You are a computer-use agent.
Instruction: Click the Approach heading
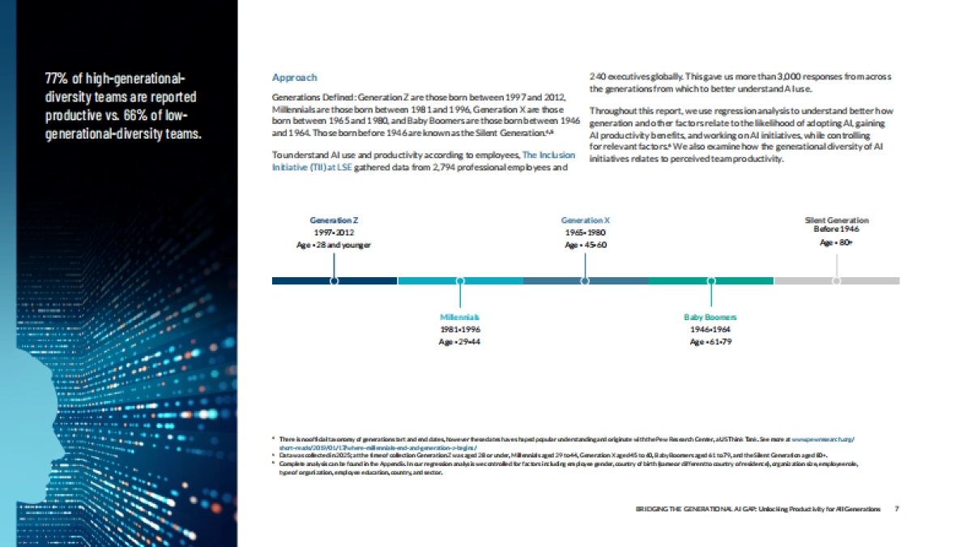point(294,78)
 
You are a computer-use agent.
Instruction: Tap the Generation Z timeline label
point(334,220)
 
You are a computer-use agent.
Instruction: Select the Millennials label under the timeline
point(460,317)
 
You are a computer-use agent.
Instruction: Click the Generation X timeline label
point(585,220)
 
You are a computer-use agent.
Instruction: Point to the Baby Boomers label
point(710,317)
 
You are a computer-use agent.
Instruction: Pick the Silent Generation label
point(836,220)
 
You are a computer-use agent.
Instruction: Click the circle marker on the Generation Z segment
point(334,280)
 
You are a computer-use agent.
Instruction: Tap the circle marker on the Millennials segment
point(460,280)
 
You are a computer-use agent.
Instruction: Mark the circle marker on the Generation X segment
point(585,280)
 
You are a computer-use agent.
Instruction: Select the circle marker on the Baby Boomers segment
point(711,280)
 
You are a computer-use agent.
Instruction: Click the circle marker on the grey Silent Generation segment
point(837,280)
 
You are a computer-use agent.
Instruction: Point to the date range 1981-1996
point(460,330)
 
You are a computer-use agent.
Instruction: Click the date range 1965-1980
point(586,232)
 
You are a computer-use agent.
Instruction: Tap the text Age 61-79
point(710,342)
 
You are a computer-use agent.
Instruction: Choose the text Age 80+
point(836,242)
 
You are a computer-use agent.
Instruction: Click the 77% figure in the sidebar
point(56,79)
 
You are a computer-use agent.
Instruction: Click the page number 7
point(897,509)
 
